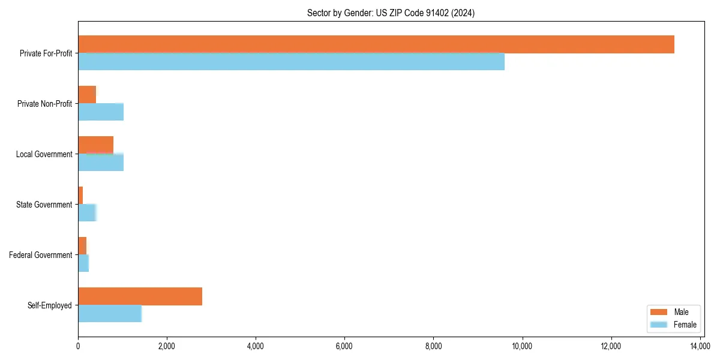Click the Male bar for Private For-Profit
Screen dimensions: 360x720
click(x=376, y=44)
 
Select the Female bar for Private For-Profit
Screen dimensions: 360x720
click(x=291, y=62)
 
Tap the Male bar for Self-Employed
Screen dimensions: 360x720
click(x=140, y=296)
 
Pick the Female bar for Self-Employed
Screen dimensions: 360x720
click(x=110, y=313)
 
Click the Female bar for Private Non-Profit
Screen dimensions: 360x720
click(x=101, y=112)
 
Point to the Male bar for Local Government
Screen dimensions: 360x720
click(x=95, y=145)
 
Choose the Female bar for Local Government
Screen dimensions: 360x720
click(x=101, y=162)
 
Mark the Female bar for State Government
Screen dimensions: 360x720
click(x=87, y=212)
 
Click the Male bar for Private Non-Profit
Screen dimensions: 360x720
click(x=87, y=95)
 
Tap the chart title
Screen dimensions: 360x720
click(x=391, y=13)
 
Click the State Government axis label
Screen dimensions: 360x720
click(x=44, y=205)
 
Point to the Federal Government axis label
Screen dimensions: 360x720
click(x=41, y=255)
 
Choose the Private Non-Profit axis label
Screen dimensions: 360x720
click(x=44, y=104)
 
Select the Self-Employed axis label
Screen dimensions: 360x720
click(x=50, y=305)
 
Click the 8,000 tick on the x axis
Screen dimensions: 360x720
click(x=433, y=346)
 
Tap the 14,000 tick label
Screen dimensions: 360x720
click(x=700, y=346)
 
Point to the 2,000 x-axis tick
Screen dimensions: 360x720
click(x=167, y=346)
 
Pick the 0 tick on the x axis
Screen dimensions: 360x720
click(x=78, y=346)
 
